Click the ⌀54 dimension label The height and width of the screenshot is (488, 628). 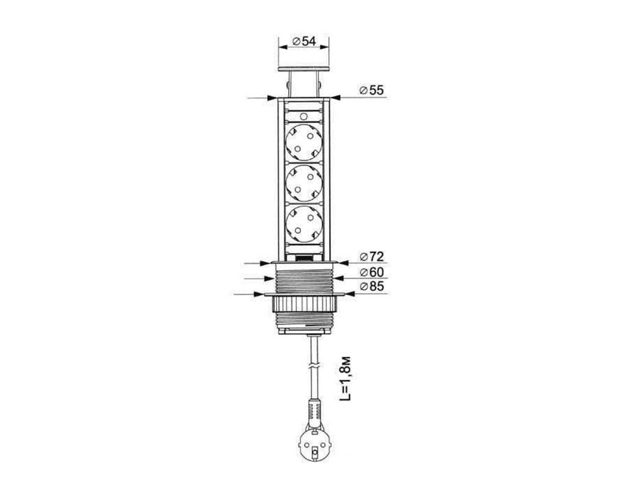point(305,41)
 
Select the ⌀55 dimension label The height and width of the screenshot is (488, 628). point(372,90)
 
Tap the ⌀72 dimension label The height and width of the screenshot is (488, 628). point(372,256)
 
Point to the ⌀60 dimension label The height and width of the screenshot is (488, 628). point(372,272)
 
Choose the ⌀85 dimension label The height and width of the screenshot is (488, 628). point(372,286)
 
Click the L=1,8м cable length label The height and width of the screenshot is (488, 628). point(346,379)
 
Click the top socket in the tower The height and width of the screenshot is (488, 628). point(305,142)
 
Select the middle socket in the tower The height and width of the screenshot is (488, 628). point(305,183)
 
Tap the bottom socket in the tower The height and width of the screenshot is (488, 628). point(305,224)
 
